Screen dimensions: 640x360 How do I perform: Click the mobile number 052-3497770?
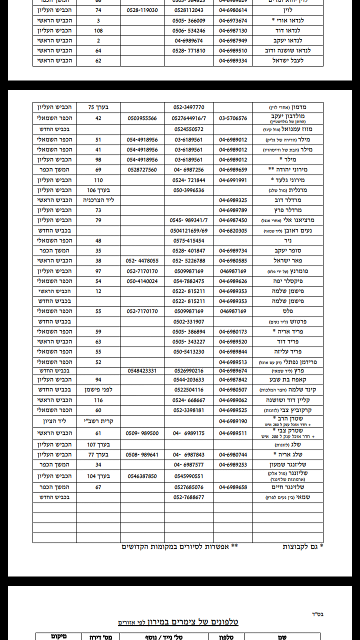click(188, 107)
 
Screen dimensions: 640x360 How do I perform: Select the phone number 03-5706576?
click(233, 118)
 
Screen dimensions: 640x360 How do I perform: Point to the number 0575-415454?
click(188, 240)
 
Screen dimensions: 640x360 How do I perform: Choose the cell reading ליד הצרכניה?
click(98, 200)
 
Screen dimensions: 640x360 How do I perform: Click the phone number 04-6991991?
click(233, 180)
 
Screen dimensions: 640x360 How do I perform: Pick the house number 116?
click(98, 400)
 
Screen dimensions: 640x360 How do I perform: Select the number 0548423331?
click(142, 370)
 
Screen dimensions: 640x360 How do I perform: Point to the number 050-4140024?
click(142, 281)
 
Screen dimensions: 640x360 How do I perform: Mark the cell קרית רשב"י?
click(98, 421)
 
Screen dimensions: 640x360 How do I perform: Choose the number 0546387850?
click(142, 476)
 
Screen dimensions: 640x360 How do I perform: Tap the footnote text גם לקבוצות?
click(301, 546)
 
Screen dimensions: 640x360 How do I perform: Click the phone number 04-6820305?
click(233, 230)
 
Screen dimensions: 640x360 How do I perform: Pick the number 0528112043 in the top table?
click(188, 10)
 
